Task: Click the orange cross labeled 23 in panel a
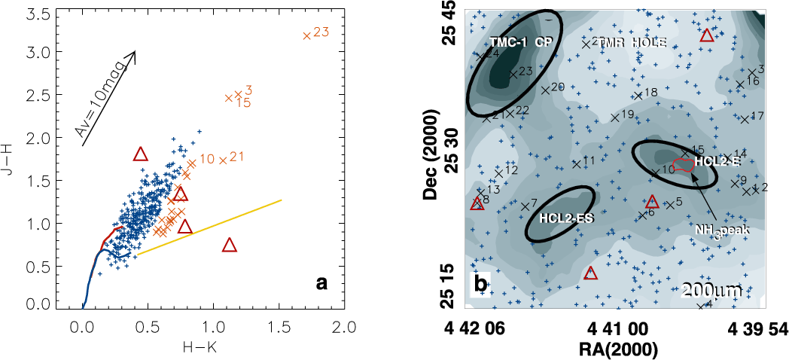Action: coord(306,35)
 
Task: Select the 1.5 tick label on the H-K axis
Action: coord(279,328)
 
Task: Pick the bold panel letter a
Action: coord(322,284)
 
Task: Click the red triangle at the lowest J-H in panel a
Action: coord(230,244)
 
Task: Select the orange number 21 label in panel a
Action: coord(236,157)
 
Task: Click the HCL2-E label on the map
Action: coord(718,161)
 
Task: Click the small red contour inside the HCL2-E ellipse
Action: coord(683,165)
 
